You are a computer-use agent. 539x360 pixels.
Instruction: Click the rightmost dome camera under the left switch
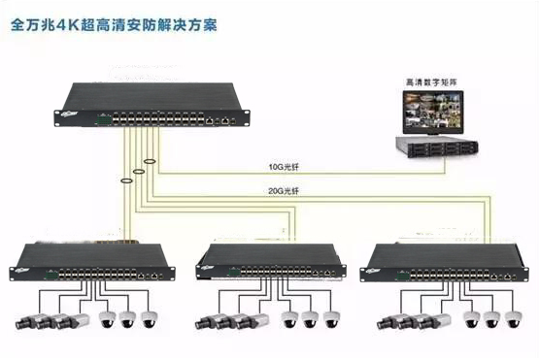149,318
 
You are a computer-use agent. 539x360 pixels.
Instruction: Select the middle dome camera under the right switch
489,318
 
